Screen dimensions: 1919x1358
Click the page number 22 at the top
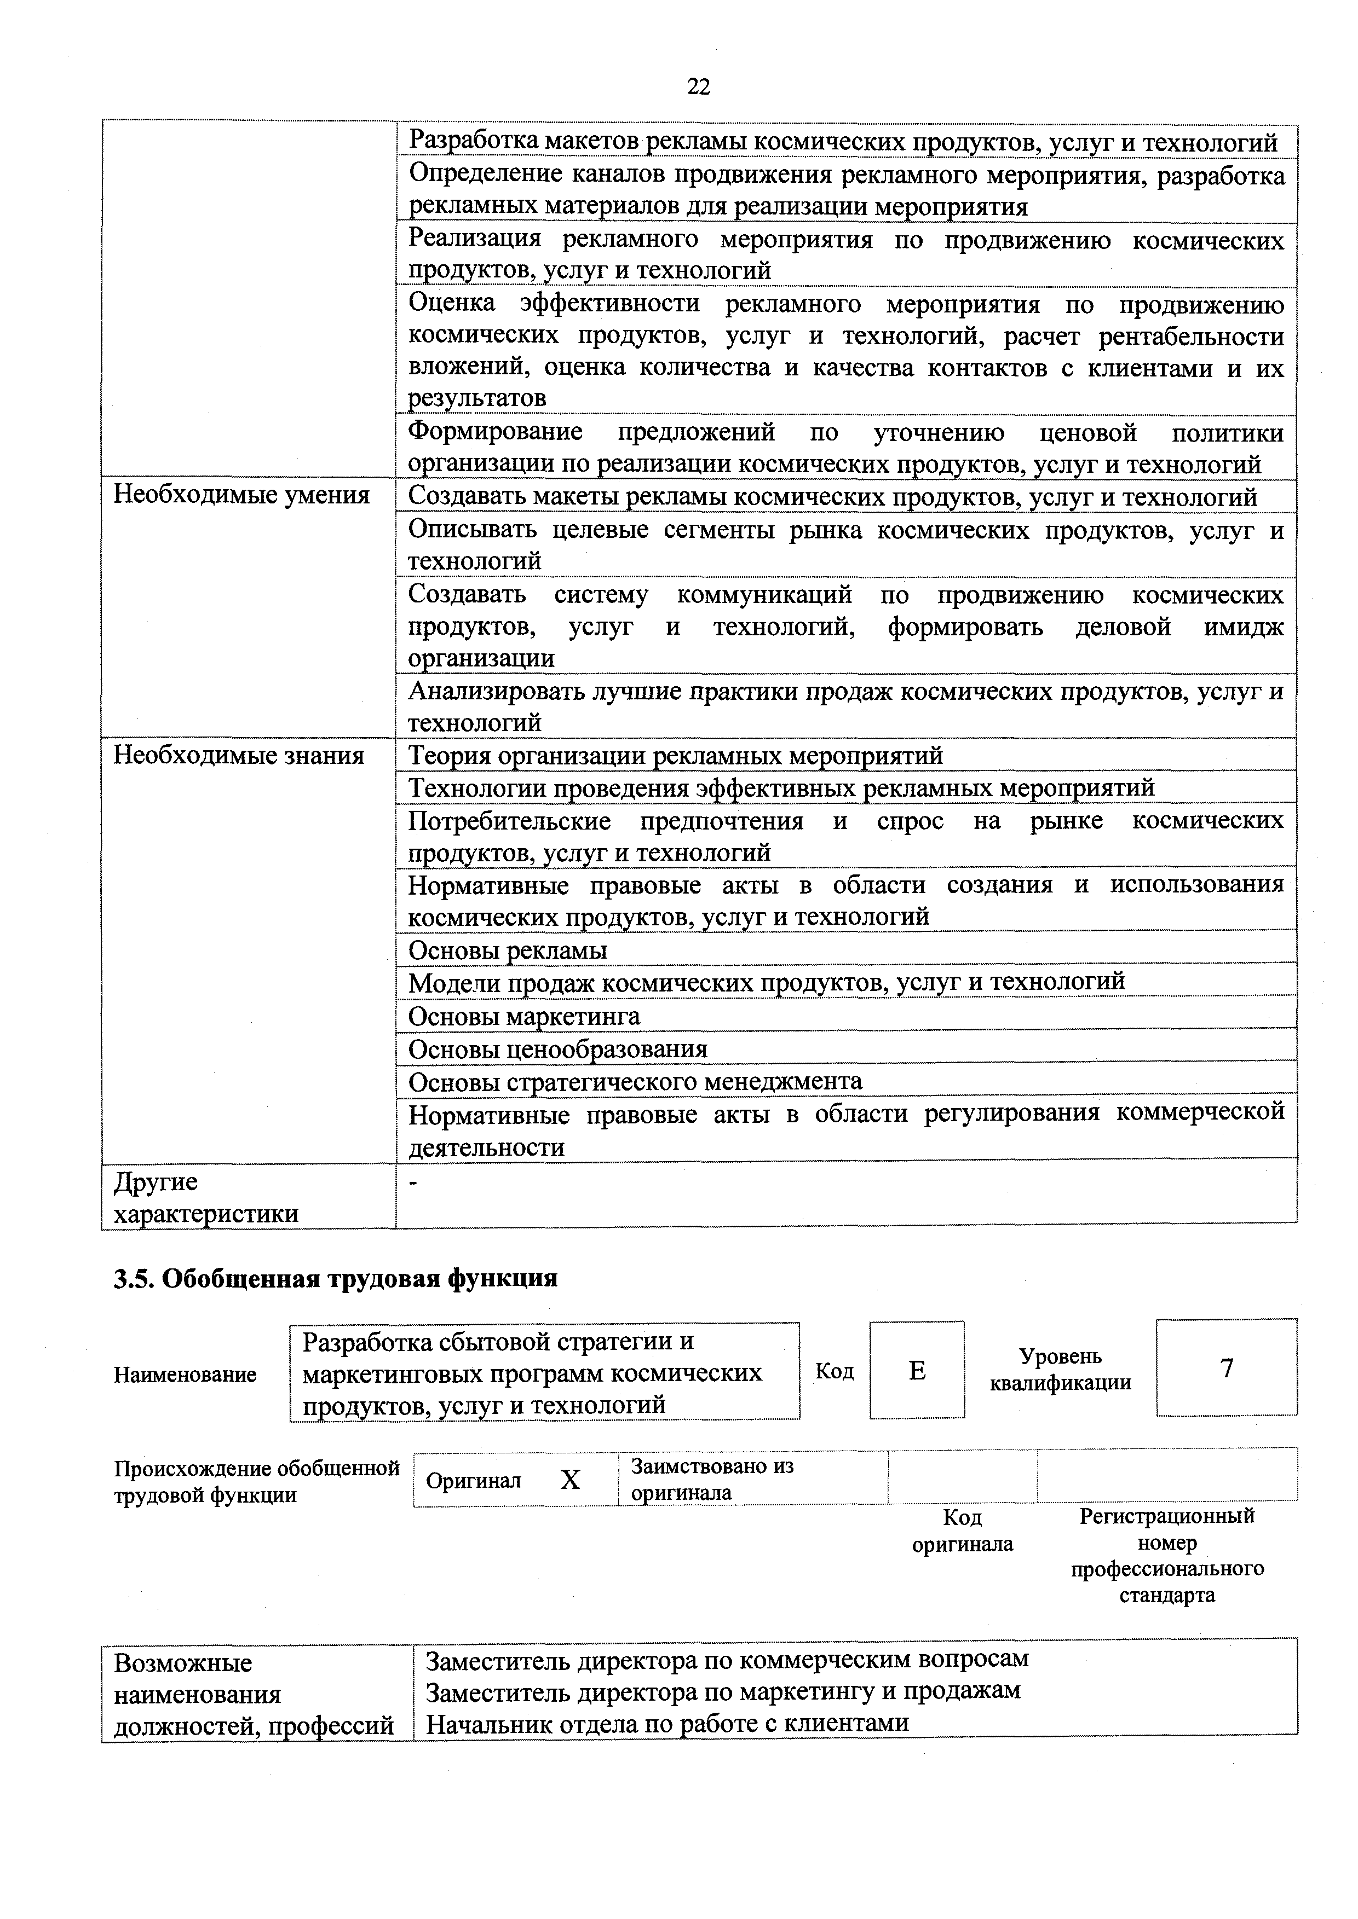(x=698, y=86)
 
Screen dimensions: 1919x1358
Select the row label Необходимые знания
(x=239, y=756)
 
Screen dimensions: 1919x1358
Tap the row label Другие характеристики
(x=206, y=1197)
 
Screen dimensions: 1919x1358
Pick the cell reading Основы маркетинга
(x=524, y=1016)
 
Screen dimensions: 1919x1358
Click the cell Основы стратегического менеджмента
(x=635, y=1081)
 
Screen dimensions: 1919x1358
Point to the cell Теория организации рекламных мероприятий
(x=675, y=756)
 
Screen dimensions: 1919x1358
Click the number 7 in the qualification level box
(x=1226, y=1368)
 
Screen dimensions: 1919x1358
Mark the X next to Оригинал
(x=569, y=1480)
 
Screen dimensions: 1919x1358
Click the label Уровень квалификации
(x=1060, y=1369)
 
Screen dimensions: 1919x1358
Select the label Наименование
(x=185, y=1374)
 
